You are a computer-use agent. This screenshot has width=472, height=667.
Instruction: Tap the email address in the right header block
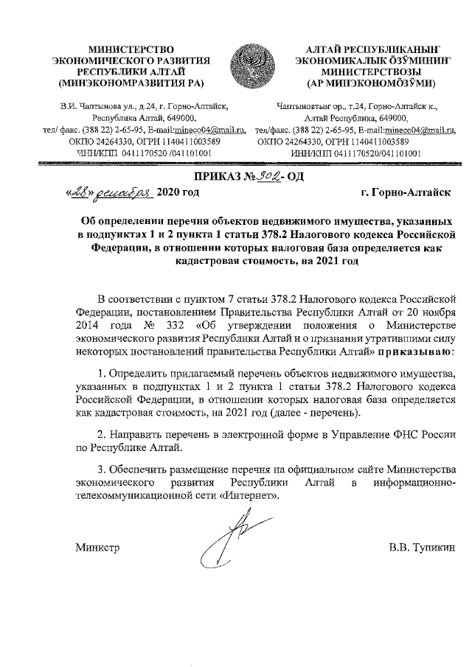point(414,130)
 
